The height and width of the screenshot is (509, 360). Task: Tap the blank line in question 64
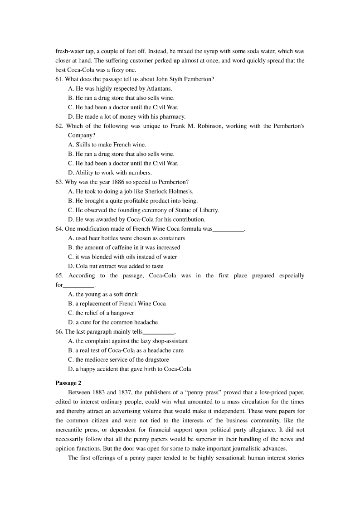228,229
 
